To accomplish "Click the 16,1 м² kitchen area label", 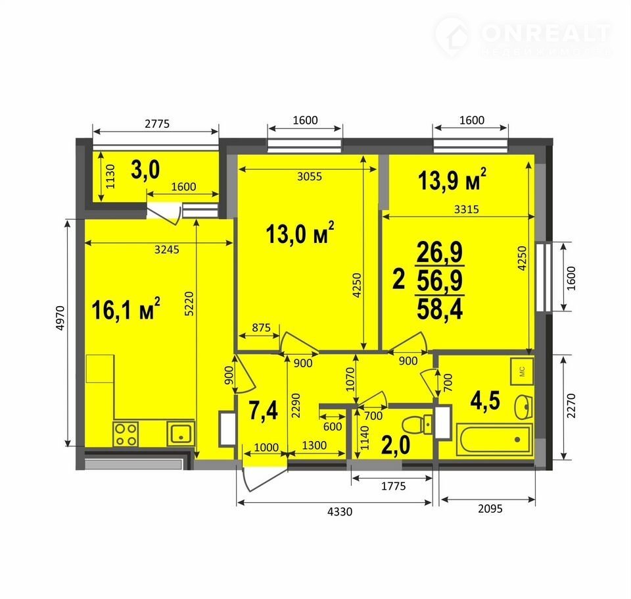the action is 126,309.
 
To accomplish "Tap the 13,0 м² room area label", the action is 300,234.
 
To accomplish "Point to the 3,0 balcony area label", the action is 145,170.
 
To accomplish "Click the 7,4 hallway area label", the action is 263,411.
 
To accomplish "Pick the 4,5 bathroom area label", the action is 485,401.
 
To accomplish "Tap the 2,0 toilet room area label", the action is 396,446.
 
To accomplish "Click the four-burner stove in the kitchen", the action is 126,434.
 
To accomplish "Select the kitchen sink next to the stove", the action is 181,434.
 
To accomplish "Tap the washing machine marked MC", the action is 523,371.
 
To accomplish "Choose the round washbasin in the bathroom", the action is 524,407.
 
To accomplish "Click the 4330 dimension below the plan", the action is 340,511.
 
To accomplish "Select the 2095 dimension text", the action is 490,509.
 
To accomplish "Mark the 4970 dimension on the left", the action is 60,319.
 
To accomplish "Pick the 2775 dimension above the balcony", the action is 157,123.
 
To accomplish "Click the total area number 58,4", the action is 440,309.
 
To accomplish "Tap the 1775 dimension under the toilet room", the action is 394,486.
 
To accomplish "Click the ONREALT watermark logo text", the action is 546,33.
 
